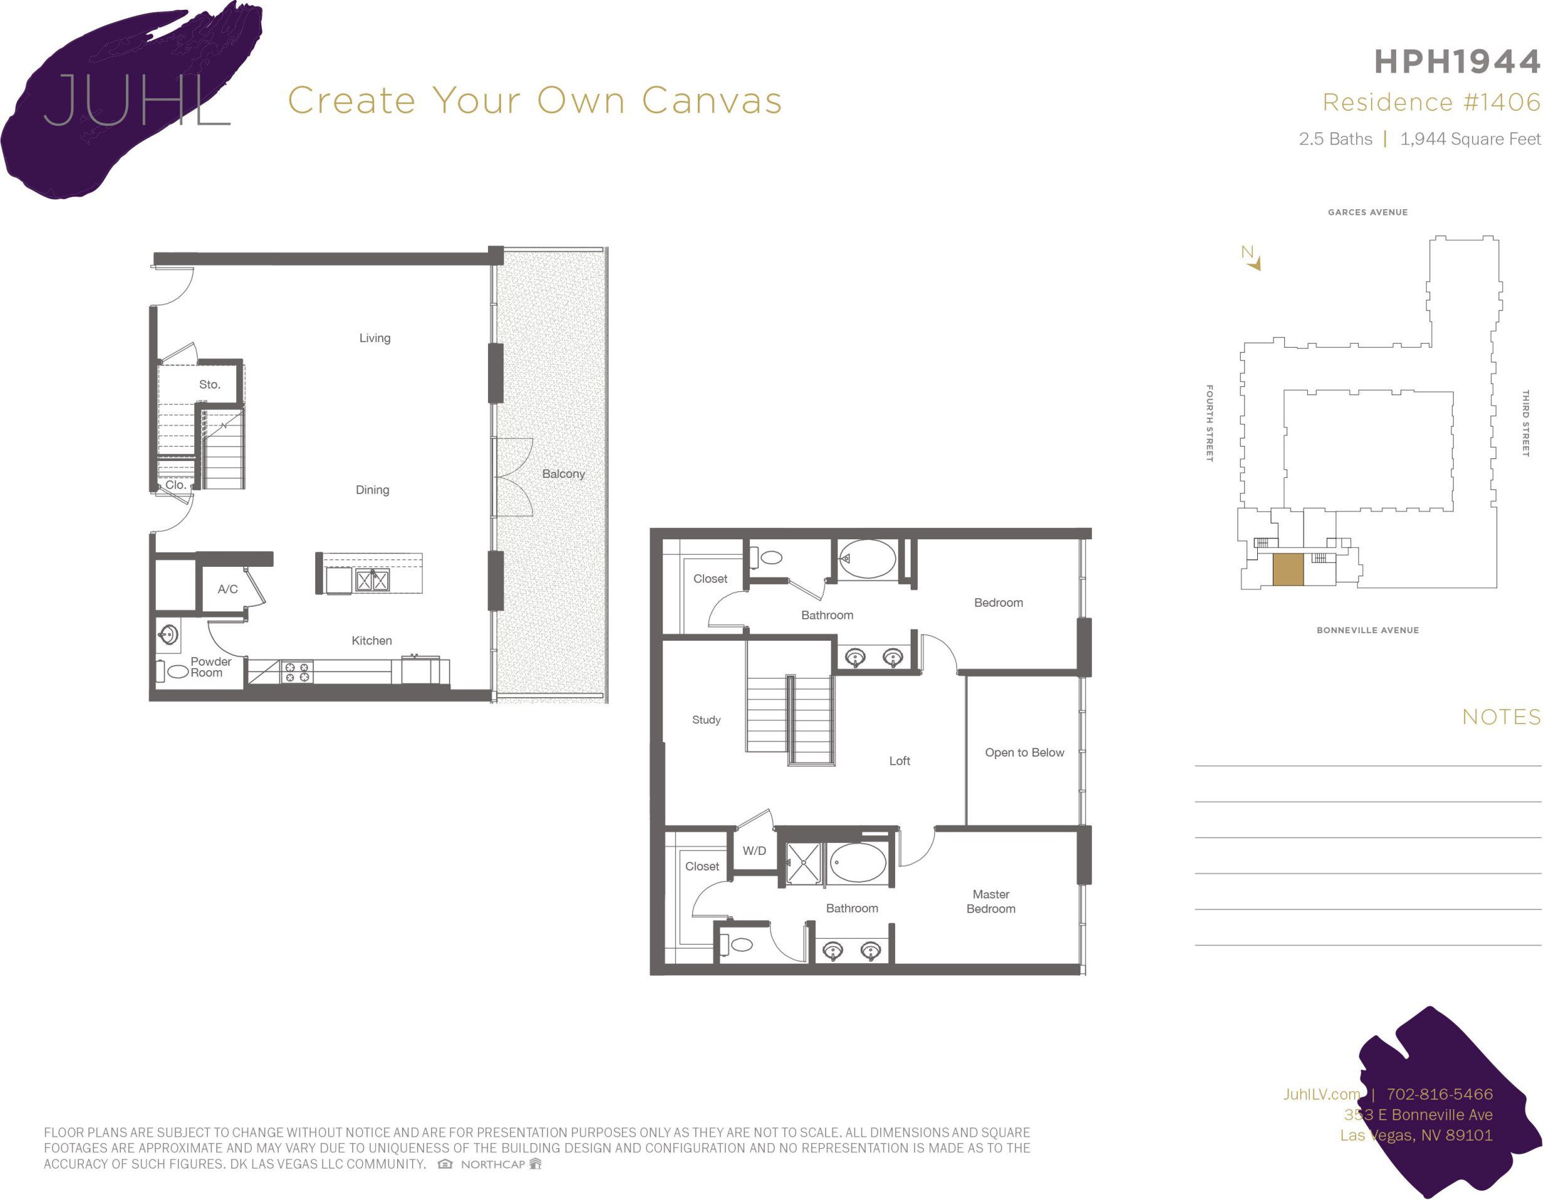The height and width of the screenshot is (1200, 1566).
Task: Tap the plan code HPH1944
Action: click(1457, 62)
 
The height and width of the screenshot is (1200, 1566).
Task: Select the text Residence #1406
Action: click(1431, 102)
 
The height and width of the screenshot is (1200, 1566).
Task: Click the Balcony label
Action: click(563, 473)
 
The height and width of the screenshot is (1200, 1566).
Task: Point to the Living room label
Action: click(375, 338)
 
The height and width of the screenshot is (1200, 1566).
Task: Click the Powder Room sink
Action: click(169, 634)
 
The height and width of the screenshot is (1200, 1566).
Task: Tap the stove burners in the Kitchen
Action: click(297, 672)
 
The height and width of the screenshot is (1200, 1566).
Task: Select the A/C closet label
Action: click(227, 589)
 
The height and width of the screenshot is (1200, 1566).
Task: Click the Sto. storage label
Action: click(209, 385)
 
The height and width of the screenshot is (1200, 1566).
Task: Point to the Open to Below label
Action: click(1024, 752)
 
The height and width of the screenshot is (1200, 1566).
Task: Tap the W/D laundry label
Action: click(754, 851)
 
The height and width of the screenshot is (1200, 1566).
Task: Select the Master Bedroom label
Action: click(990, 901)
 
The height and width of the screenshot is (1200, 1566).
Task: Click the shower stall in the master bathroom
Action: click(803, 862)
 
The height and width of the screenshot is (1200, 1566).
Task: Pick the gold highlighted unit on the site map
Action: click(1288, 569)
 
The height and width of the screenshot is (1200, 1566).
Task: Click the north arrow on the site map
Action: click(1252, 259)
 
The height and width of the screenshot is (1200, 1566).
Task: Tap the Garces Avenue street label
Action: click(1367, 212)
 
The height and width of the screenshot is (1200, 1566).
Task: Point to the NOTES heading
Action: click(1501, 717)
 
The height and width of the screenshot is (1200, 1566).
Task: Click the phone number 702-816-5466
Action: click(1439, 1094)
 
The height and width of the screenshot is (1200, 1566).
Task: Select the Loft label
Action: click(899, 762)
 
